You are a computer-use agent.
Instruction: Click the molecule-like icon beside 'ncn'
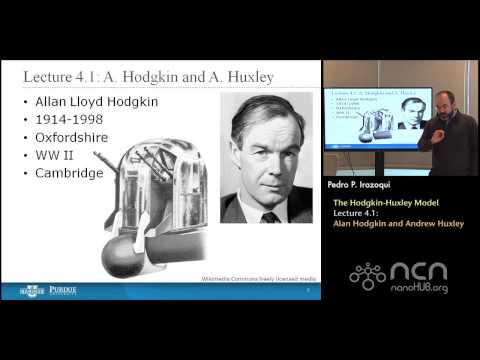click(368, 275)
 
